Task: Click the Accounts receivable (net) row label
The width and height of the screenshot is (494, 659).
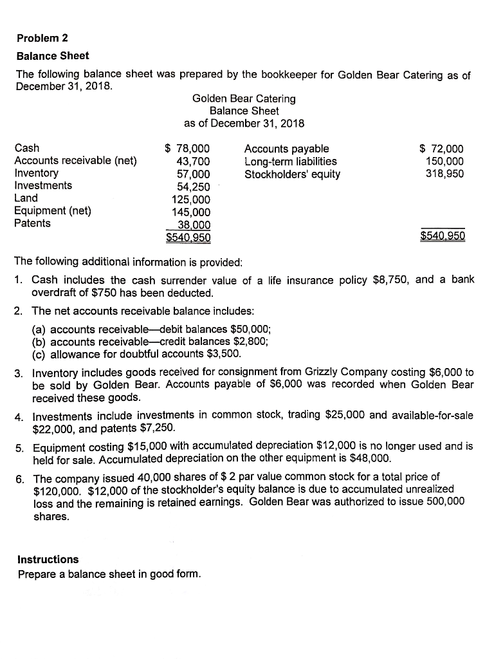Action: [75, 161]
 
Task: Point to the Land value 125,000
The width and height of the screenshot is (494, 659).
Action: [190, 199]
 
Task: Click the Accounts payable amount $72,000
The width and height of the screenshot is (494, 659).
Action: [441, 149]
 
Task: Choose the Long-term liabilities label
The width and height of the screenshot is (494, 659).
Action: [290, 161]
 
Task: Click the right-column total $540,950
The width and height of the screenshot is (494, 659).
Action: [442, 236]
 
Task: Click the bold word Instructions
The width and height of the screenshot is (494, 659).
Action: [48, 559]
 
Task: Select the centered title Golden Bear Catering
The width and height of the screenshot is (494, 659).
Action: [244, 98]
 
